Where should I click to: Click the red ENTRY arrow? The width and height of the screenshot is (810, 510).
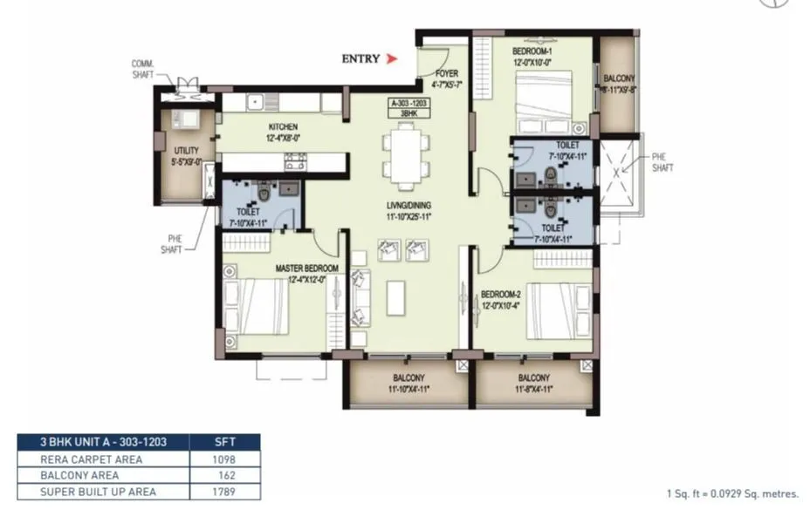tap(392, 59)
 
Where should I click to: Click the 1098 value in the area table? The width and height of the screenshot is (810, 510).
tap(223, 459)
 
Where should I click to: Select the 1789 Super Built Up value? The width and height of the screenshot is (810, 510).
tap(223, 492)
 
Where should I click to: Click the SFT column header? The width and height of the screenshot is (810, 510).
tap(223, 442)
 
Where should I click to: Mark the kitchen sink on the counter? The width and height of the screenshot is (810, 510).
tap(256, 102)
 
